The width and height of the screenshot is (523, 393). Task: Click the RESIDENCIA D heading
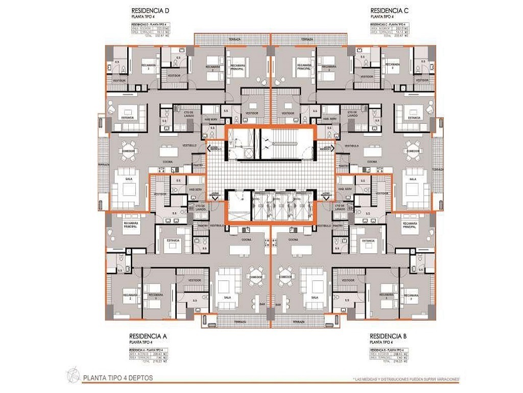click(x=150, y=10)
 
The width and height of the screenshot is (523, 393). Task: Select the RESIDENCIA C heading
click(x=389, y=10)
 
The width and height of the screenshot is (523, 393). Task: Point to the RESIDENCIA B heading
click(x=389, y=336)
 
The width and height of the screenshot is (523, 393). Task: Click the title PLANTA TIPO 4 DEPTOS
click(x=117, y=378)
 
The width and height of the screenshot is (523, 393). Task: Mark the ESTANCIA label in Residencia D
click(x=127, y=117)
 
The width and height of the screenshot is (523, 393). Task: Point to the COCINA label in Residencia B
click(x=293, y=239)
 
